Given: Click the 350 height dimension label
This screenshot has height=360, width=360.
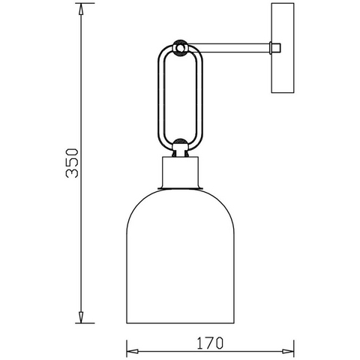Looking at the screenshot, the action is click(x=72, y=163).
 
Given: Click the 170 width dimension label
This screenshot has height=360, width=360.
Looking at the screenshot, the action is click(x=210, y=343).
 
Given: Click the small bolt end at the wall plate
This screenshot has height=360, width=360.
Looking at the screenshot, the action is click(x=275, y=47).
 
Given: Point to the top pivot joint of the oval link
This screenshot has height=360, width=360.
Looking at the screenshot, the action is click(x=180, y=47).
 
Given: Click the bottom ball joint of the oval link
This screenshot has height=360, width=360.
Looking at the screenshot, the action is click(x=180, y=145).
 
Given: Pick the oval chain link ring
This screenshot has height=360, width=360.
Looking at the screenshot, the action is click(x=158, y=97).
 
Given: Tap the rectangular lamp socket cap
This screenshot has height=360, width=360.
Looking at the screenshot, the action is click(x=180, y=172).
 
